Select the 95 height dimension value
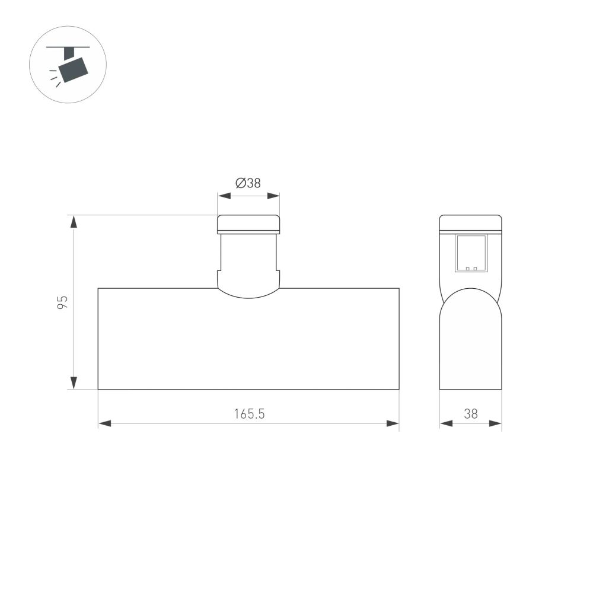click(x=63, y=302)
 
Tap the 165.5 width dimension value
click(x=248, y=413)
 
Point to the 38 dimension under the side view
click(x=470, y=413)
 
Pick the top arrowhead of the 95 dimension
click(x=74, y=222)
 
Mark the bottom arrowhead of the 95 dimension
click(x=74, y=382)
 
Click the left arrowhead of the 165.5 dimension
click(x=104, y=423)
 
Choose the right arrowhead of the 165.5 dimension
click(x=393, y=423)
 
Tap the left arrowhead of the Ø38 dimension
click(x=224, y=196)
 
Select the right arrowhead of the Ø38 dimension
click(x=273, y=196)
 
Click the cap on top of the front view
click(x=248, y=224)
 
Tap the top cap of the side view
click(x=471, y=222)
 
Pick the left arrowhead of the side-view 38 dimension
click(x=445, y=423)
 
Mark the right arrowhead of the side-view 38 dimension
click(x=496, y=423)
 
